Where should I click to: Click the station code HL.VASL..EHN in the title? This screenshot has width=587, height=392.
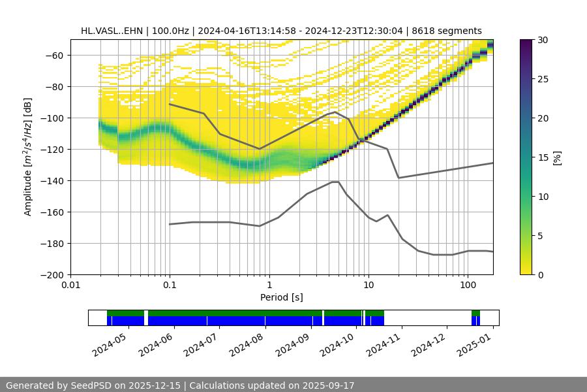[112, 31]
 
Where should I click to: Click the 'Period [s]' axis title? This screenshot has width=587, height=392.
[281, 297]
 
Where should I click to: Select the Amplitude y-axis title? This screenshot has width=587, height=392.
[28, 157]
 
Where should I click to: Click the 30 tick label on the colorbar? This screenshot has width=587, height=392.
[543, 40]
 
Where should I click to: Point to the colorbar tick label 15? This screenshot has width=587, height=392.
[543, 157]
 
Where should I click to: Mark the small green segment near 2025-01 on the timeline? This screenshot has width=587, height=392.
[475, 313]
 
